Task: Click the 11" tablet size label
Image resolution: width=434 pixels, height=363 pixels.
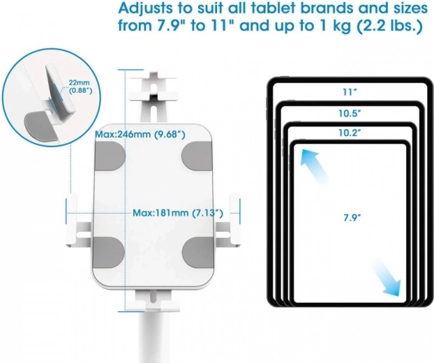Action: click(x=350, y=92)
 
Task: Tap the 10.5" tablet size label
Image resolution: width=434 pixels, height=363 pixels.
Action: click(x=350, y=114)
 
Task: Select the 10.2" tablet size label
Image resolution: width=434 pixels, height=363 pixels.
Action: click(x=350, y=133)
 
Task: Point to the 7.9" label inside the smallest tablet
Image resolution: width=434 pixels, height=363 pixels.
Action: click(x=352, y=218)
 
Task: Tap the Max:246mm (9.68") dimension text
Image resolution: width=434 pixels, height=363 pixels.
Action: click(x=140, y=135)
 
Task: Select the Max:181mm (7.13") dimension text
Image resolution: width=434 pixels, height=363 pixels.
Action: click(x=178, y=213)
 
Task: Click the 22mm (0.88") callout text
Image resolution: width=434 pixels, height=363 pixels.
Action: click(x=80, y=87)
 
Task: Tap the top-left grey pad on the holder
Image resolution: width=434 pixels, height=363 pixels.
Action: click(x=110, y=156)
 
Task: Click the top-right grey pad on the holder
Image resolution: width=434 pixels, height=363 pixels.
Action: click(x=197, y=156)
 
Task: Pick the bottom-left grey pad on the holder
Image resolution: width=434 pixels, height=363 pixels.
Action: click(x=109, y=252)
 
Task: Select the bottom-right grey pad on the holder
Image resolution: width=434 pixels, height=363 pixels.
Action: click(x=197, y=252)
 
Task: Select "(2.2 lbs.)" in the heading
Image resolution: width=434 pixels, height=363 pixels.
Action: click(x=389, y=26)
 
